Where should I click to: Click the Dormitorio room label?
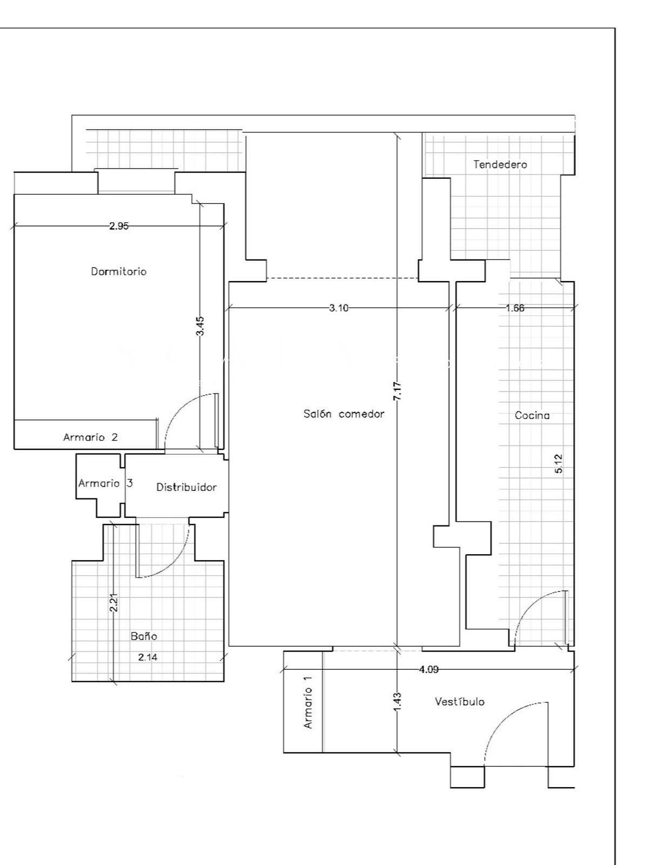click(118, 271)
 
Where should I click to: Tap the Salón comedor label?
click(344, 414)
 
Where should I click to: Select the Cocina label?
click(532, 415)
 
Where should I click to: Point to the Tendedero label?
click(500, 164)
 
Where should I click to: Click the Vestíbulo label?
click(459, 701)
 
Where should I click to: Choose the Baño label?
click(144, 636)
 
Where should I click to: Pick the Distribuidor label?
click(186, 487)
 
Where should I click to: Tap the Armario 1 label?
click(308, 702)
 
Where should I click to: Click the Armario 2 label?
click(91, 437)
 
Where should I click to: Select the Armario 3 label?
click(105, 483)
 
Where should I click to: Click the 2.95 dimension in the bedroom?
click(118, 226)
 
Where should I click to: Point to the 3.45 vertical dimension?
click(200, 326)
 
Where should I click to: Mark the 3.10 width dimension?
click(339, 308)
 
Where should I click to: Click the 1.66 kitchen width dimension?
click(515, 308)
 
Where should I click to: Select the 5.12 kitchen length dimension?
click(559, 464)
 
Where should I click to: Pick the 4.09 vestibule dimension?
click(428, 669)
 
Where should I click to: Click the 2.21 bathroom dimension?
click(113, 603)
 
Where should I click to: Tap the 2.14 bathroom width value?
click(148, 657)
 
